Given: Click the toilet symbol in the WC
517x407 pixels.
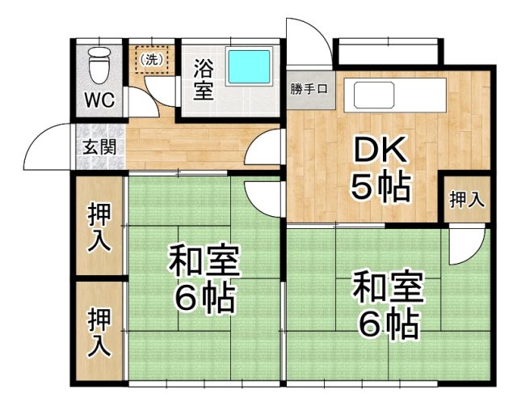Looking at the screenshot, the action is pyautogui.click(x=99, y=65).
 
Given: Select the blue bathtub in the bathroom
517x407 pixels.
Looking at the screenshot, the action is pyautogui.click(x=249, y=66).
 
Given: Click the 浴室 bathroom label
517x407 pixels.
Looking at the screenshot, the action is pyautogui.click(x=204, y=79).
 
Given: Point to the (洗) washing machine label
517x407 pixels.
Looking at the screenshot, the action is pyautogui.click(x=151, y=60).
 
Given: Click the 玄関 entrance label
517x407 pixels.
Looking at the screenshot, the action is pyautogui.click(x=99, y=147).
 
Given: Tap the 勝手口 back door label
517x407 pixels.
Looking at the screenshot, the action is pyautogui.click(x=309, y=89).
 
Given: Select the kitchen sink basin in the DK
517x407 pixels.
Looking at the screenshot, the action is pyautogui.click(x=374, y=95).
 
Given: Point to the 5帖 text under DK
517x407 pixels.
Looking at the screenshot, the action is pyautogui.click(x=380, y=187).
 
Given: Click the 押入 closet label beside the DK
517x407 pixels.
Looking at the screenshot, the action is pyautogui.click(x=467, y=200).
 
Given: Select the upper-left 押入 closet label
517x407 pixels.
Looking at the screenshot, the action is pyautogui.click(x=99, y=227).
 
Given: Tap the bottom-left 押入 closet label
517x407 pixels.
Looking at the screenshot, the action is pyautogui.click(x=99, y=333).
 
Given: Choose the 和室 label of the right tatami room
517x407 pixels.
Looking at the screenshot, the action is pyautogui.click(x=388, y=286).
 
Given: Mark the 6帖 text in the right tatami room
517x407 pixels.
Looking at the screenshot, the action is pyautogui.click(x=389, y=324).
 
